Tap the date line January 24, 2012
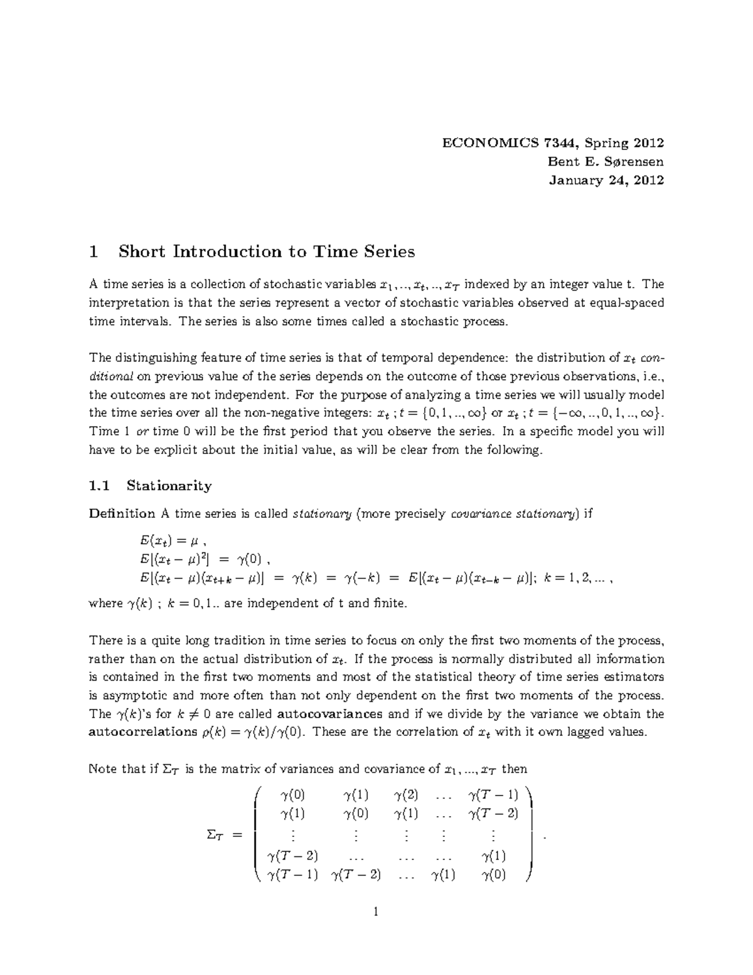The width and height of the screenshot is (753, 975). point(606,180)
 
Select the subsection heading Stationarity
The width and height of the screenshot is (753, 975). point(169,485)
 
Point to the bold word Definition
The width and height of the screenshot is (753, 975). point(122,514)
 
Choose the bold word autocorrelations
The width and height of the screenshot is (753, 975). point(143,732)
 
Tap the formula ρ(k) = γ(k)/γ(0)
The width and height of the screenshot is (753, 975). point(254,732)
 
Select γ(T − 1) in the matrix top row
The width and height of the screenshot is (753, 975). point(493,795)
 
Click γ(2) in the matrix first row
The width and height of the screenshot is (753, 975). point(406,795)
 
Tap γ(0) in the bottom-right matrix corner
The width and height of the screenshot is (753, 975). point(493,875)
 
